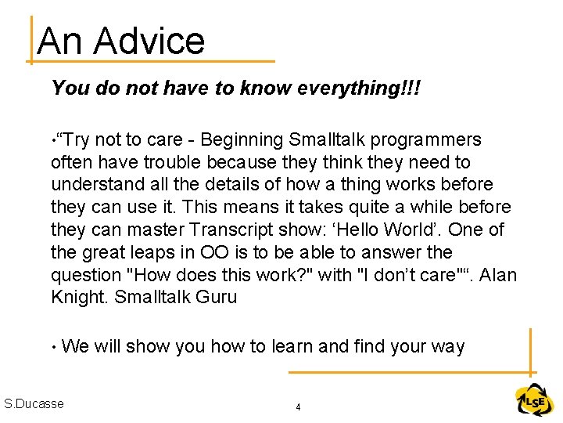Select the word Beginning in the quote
[241, 140]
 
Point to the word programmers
[426, 140]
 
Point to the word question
[84, 276]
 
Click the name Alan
[497, 276]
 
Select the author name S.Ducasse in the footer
[34, 404]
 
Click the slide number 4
[298, 407]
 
